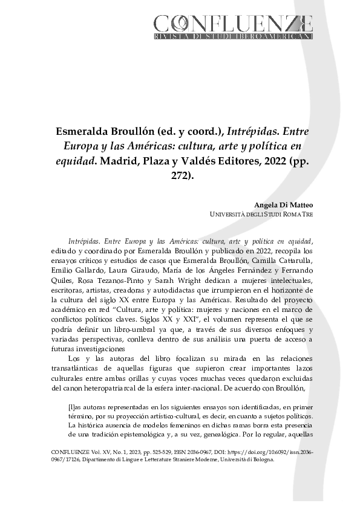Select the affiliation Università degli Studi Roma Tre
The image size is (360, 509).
(x=261, y=215)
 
